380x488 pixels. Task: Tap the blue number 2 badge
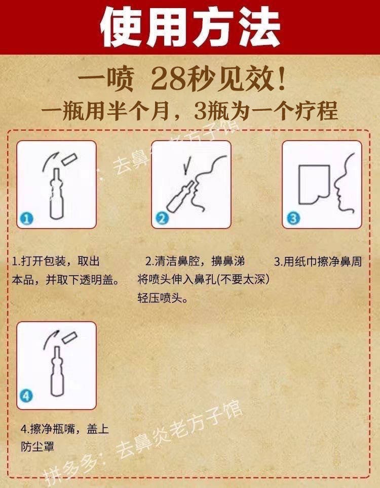click(x=162, y=218)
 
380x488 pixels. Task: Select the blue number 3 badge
click(x=293, y=218)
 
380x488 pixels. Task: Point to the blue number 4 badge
click(x=26, y=396)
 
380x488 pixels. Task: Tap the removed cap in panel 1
click(x=69, y=159)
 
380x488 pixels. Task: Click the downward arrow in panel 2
click(x=186, y=165)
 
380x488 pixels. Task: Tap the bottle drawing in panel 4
click(x=57, y=371)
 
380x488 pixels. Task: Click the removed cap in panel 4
click(x=69, y=337)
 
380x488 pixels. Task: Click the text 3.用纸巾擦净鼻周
click(x=318, y=261)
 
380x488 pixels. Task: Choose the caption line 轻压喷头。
click(x=163, y=298)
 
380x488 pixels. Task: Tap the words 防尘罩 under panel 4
click(x=37, y=447)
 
